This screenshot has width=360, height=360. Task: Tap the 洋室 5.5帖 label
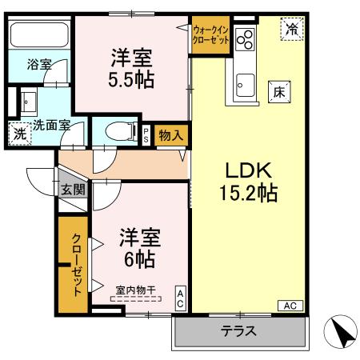(x=132, y=69)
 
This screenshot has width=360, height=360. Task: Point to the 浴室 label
(x=38, y=63)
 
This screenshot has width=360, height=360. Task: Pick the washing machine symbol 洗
(x=18, y=133)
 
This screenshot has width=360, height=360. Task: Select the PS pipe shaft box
(x=146, y=134)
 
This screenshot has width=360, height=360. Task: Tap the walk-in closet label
(x=210, y=36)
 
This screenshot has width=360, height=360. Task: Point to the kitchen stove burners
(x=243, y=38)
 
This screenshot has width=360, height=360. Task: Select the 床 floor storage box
(x=279, y=91)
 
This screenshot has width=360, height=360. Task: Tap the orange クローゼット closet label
(x=77, y=264)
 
